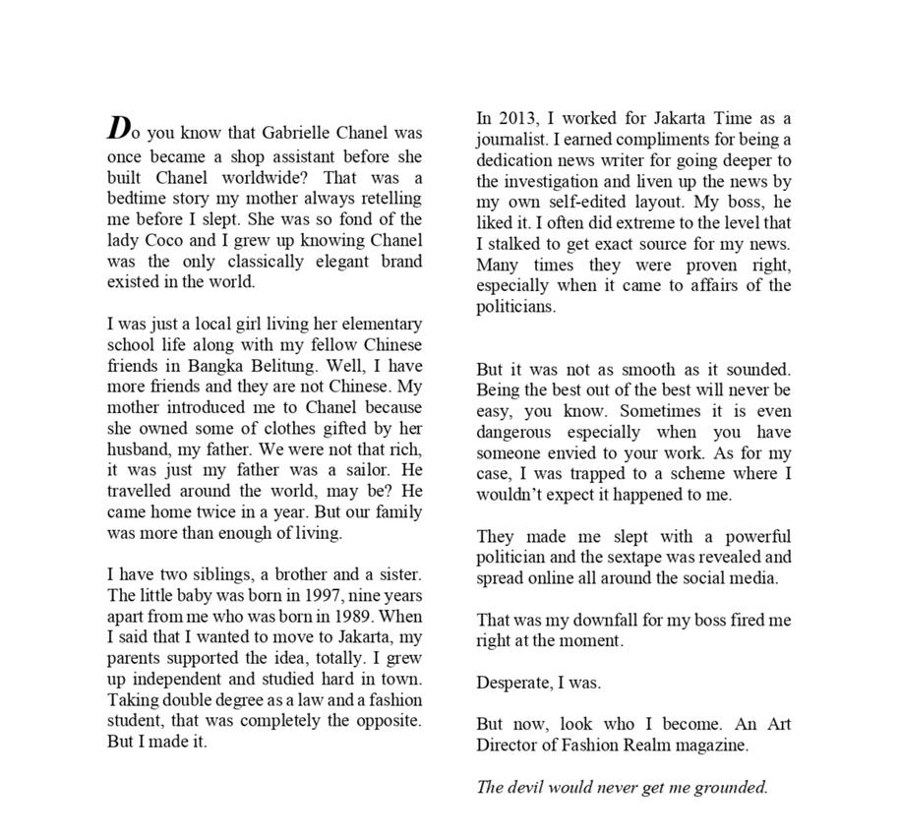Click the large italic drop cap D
(119, 129)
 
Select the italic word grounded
(725, 787)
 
